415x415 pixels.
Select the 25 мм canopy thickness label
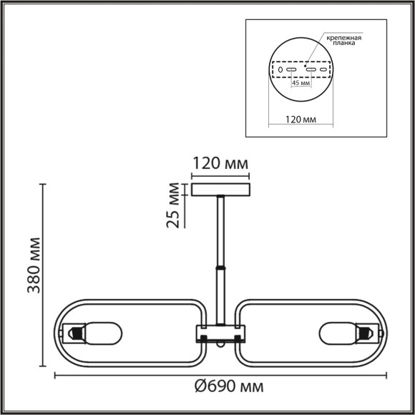coord(172,205)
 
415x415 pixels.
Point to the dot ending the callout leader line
coord(308,62)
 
